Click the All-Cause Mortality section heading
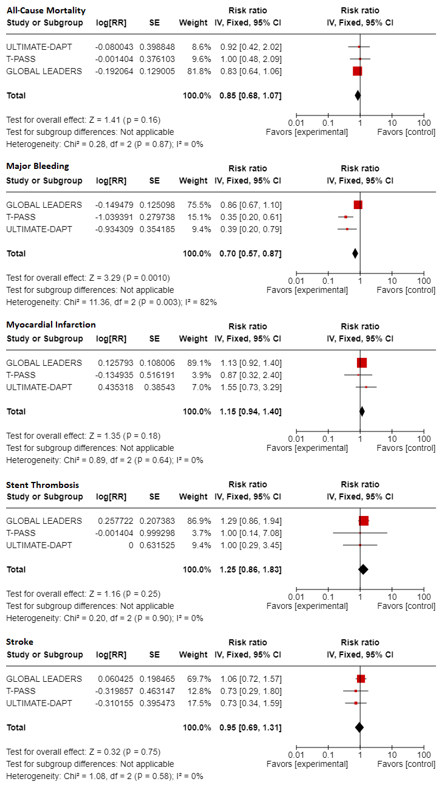point(46,10)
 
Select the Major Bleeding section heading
point(38,166)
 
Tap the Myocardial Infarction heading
point(51,325)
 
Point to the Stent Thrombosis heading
point(42,484)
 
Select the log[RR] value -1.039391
point(115,217)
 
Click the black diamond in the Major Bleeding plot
point(355,253)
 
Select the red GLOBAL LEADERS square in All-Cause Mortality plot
point(357,71)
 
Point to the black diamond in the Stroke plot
point(359,727)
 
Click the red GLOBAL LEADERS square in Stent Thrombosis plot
point(364,521)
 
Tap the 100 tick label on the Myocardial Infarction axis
point(424,439)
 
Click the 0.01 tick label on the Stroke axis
point(296,755)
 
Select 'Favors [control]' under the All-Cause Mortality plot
point(406,132)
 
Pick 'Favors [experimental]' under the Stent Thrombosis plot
point(307,606)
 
